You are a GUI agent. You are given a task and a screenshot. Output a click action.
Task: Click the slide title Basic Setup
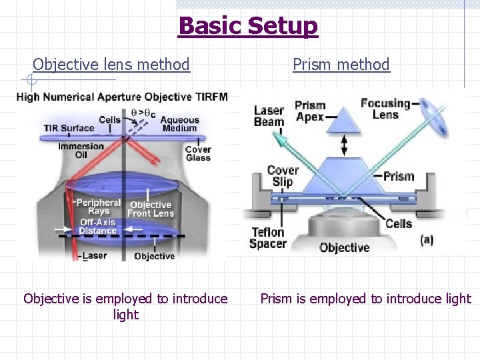[248, 25]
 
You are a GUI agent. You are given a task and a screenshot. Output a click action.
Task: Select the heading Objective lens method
[111, 65]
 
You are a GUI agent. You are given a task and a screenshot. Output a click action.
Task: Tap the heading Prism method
[341, 65]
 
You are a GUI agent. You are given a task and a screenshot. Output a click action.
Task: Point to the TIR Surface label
[69, 128]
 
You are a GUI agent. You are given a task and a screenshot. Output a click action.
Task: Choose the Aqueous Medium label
[179, 124]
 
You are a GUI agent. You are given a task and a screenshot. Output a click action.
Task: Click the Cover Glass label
[198, 153]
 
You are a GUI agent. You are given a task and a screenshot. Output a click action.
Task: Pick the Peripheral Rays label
[98, 207]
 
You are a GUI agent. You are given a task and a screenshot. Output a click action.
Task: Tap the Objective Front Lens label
[151, 209]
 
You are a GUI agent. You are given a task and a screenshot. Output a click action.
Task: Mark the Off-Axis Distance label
[97, 227]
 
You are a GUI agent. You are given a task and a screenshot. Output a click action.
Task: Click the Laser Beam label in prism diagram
[269, 116]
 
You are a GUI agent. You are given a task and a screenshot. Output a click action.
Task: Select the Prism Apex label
[309, 111]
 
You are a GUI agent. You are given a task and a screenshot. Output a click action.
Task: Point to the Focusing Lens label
[385, 109]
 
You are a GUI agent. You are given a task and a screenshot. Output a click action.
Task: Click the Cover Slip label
[282, 176]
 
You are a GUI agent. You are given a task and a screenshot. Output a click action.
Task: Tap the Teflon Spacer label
[267, 238]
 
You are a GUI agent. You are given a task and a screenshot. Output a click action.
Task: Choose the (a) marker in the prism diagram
[427, 239]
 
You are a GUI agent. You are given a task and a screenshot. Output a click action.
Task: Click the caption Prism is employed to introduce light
[365, 299]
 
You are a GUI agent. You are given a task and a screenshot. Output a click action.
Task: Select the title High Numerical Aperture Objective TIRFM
[122, 97]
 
